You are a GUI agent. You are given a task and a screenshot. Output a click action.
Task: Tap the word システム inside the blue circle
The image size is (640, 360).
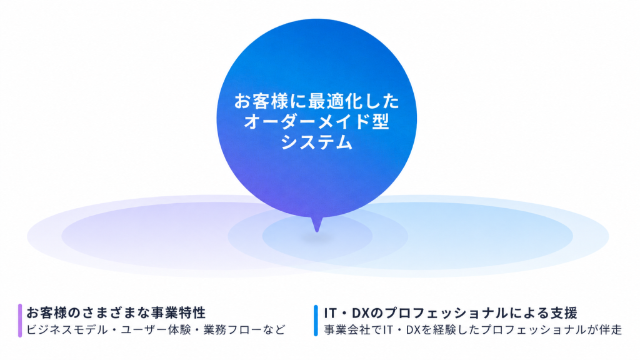316,142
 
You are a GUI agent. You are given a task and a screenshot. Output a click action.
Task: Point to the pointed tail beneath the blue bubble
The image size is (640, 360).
317,224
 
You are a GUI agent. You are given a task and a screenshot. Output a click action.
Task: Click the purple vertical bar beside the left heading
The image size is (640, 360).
20,321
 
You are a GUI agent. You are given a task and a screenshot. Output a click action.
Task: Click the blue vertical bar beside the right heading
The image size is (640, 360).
316,321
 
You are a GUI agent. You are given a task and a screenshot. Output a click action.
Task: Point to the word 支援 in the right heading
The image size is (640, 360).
564,313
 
